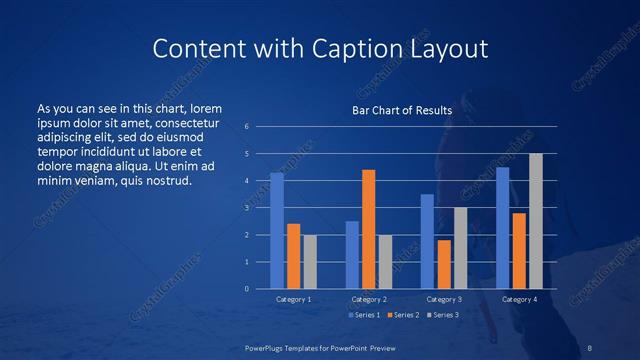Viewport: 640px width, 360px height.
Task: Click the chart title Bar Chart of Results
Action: [402, 110]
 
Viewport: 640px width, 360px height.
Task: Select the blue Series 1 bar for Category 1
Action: [277, 231]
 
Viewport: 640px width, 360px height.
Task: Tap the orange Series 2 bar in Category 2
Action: [369, 229]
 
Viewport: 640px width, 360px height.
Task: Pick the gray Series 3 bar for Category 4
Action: [536, 221]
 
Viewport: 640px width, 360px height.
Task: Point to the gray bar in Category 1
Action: [310, 262]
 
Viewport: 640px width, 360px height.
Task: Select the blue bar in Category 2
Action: [352, 255]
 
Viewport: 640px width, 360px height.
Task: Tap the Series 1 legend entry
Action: [364, 315]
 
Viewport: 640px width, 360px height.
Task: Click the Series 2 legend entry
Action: [402, 315]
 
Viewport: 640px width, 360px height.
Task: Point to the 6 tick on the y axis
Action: [247, 127]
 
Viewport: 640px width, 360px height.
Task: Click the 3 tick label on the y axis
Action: [247, 208]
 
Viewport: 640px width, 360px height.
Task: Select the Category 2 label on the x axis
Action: [369, 299]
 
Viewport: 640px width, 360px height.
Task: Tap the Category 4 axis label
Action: [519, 299]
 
